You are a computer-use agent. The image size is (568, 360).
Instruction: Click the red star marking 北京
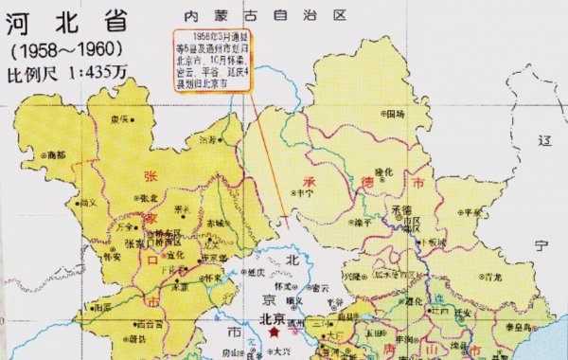coord(275,333)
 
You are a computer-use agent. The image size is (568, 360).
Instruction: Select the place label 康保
coord(118,120)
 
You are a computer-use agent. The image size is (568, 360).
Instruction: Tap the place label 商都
coord(55,154)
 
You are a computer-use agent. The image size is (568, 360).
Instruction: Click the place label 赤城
coord(215,224)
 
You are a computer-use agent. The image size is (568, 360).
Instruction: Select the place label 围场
coord(394,114)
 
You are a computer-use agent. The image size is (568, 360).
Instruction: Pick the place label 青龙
coord(492,278)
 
